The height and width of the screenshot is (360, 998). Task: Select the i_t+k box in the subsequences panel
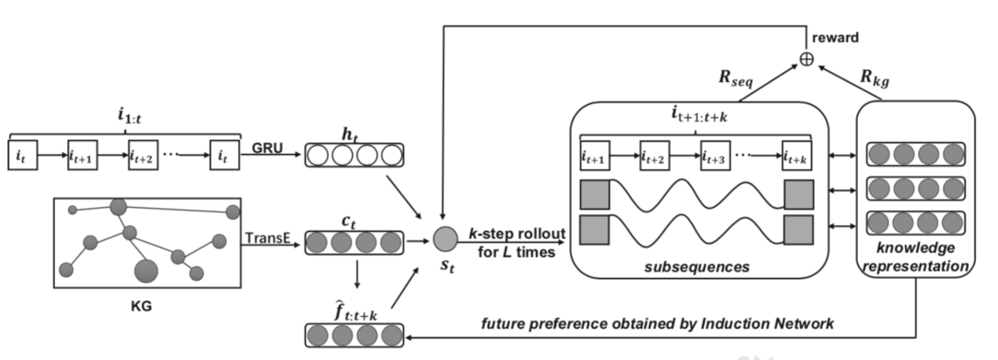798,158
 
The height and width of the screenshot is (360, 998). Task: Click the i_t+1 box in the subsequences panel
595,158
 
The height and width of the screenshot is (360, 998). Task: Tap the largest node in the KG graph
145,272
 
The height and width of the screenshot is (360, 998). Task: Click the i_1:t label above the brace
124,116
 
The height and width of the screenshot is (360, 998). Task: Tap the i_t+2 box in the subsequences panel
655,158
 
